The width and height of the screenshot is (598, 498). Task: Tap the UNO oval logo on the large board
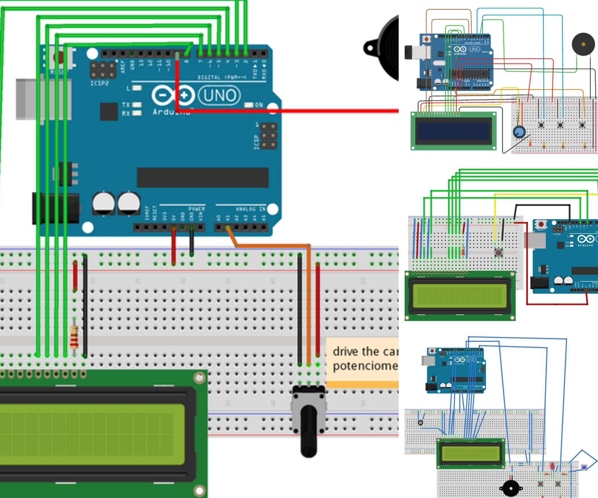coord(219,95)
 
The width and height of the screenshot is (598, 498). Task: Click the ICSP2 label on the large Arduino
coord(99,83)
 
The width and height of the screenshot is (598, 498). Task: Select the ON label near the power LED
coord(259,105)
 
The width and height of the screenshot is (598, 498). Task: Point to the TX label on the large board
coord(126,105)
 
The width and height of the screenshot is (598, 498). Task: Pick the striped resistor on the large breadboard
coord(74,337)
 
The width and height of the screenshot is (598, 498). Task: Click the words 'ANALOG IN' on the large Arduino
coord(250,209)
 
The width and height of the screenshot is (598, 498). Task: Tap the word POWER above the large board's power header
coord(196,209)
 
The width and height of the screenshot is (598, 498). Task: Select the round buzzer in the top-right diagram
coord(583,44)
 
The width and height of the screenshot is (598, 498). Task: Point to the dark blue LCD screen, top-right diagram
coord(453,131)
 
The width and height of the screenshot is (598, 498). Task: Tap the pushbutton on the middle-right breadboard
coord(498,252)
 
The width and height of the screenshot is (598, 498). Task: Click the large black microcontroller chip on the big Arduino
coord(203,177)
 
